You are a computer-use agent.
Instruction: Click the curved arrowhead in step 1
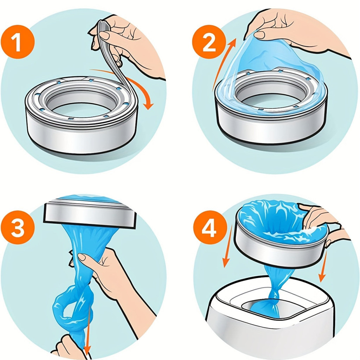[149, 105]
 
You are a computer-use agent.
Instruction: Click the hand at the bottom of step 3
[69, 348]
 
